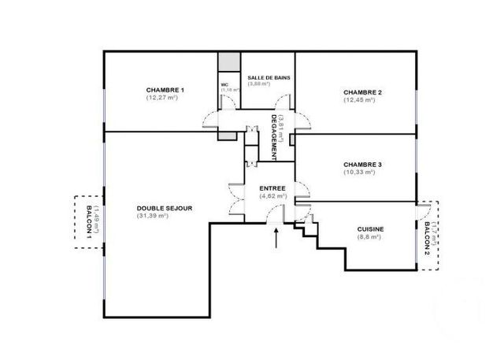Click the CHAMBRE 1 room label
point(165,91)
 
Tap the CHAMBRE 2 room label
point(363,93)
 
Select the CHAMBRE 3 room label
point(363,164)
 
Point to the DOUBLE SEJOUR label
point(165,208)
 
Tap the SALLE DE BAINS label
point(266,76)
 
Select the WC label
point(224,84)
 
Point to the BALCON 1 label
point(87,221)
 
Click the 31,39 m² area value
point(165,216)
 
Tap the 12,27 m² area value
point(165,98)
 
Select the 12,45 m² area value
point(363,100)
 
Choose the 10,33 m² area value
point(363,172)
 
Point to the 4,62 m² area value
point(272,196)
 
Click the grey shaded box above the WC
point(229,62)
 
